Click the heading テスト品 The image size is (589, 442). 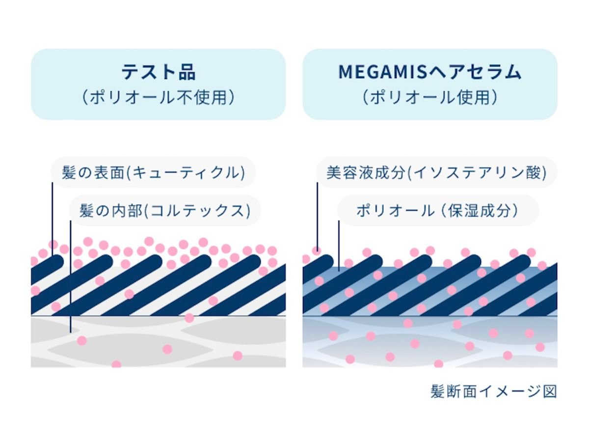(159, 72)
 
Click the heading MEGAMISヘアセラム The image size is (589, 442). (430, 72)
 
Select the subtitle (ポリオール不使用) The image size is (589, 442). (159, 97)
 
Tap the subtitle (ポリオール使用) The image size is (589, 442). (430, 97)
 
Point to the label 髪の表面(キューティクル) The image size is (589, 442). (153, 172)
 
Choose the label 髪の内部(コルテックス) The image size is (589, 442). (165, 210)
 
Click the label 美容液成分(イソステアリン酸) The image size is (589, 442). (436, 172)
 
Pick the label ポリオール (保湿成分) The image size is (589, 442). (438, 210)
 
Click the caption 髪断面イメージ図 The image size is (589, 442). (494, 391)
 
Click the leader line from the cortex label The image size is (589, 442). (70, 276)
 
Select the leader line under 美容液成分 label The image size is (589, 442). (317, 217)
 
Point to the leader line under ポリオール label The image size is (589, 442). (339, 246)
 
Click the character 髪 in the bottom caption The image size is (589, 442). (438, 391)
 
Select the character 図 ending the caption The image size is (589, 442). (550, 391)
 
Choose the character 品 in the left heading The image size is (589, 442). (187, 72)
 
